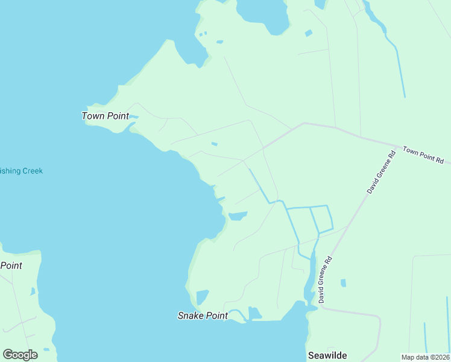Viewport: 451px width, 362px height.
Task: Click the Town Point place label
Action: [105, 116]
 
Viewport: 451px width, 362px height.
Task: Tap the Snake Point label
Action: [203, 316]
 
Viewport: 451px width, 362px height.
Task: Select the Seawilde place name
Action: [327, 355]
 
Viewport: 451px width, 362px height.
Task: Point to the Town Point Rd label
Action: [423, 155]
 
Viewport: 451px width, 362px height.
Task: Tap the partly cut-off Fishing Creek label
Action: [21, 171]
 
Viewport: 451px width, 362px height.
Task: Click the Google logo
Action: [20, 354]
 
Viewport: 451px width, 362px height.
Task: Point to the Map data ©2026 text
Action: [426, 357]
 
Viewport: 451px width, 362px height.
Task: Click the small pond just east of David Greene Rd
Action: [343, 282]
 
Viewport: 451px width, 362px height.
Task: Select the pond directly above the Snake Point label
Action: [201, 297]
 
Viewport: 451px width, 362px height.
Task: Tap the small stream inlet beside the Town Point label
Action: [134, 116]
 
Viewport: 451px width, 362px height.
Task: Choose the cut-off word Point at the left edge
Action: [11, 265]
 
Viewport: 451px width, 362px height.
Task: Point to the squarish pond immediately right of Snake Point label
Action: [254, 313]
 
